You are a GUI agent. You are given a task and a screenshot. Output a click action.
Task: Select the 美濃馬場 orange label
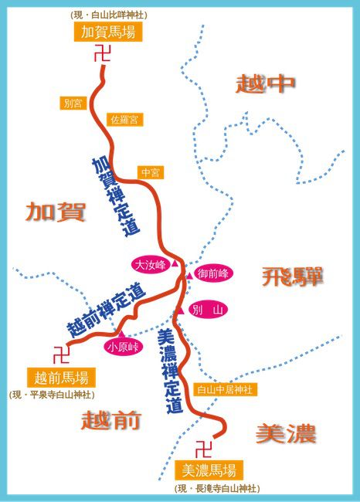[x=209, y=470]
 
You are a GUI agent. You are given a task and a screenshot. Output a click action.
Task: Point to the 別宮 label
[x=74, y=103]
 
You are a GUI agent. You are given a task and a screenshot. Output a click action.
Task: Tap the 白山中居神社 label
[x=224, y=390]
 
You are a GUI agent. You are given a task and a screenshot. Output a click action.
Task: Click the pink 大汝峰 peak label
[x=150, y=265]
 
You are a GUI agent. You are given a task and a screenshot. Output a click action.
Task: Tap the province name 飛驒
[x=291, y=276]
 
